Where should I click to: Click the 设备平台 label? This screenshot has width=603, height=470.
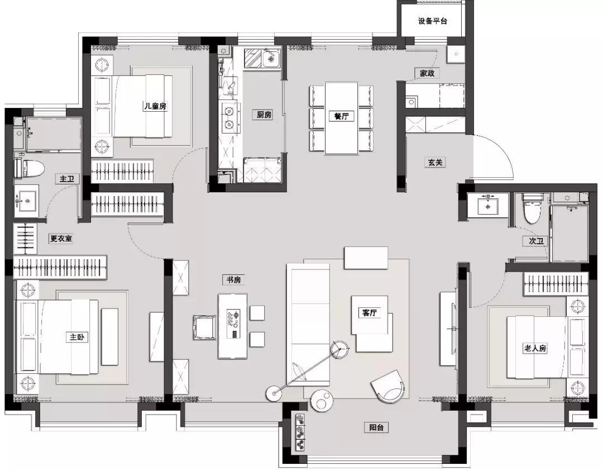(x=433, y=21)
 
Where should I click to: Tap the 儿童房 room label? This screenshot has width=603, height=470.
(x=155, y=106)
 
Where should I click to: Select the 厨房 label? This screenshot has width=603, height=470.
(x=264, y=115)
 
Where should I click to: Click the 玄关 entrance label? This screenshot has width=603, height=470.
(x=435, y=163)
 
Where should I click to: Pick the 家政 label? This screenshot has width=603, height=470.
(x=427, y=73)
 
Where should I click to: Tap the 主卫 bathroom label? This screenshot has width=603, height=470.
(x=67, y=179)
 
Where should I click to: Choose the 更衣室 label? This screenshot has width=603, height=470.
(x=61, y=238)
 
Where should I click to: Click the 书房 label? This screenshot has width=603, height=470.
(x=233, y=279)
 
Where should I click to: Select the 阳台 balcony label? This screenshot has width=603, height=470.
(x=376, y=428)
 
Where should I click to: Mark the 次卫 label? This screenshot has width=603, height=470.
(x=535, y=241)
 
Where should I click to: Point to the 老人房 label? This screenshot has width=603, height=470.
(x=534, y=348)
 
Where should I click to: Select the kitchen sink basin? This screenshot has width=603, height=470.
(x=271, y=59)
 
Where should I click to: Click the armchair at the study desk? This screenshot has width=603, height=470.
(x=204, y=327)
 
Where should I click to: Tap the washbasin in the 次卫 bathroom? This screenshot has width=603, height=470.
(x=488, y=206)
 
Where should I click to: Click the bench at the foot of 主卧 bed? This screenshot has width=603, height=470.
(x=110, y=336)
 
